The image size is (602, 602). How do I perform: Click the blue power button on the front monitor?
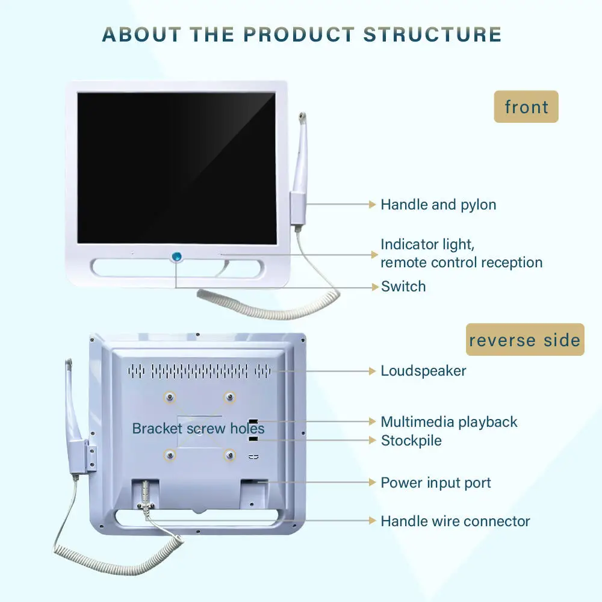[176, 257]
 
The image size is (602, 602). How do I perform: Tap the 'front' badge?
[526, 107]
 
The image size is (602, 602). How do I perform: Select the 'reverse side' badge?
[525, 340]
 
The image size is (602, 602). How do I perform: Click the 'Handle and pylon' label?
[438, 205]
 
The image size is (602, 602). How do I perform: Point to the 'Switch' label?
[403, 287]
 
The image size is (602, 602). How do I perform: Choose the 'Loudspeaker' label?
[423, 371]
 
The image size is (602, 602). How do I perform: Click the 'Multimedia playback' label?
[449, 422]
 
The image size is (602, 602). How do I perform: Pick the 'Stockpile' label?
[411, 441]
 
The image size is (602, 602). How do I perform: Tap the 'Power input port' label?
[436, 483]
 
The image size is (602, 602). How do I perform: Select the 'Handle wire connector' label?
[455, 521]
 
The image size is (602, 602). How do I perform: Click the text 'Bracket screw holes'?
[198, 429]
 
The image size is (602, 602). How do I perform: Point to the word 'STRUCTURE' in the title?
[432, 34]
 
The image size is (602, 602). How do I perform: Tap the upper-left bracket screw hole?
[170, 396]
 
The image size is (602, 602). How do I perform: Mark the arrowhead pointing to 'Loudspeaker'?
[372, 371]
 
